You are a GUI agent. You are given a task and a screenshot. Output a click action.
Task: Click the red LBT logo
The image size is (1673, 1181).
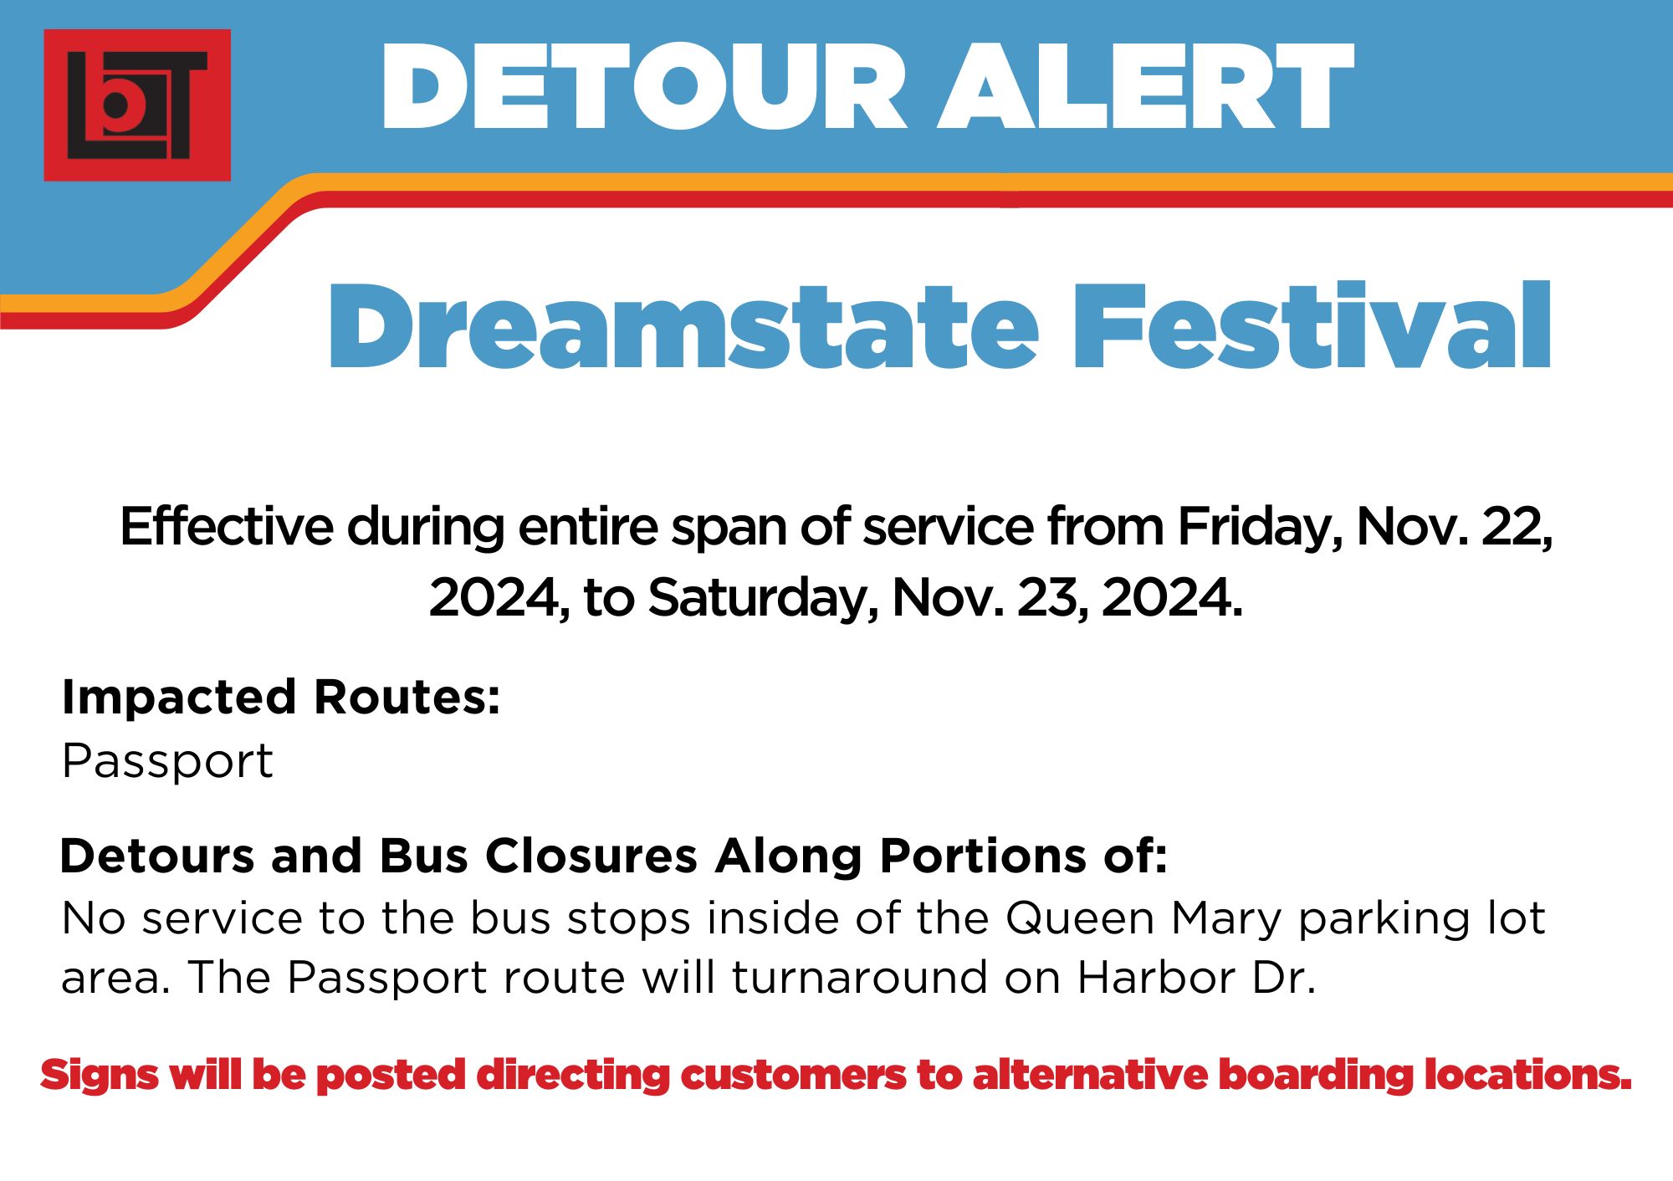[x=137, y=105]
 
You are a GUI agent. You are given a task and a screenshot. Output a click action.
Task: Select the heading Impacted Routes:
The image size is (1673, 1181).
[x=281, y=697]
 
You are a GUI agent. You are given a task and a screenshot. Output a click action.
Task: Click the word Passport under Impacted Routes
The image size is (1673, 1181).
[x=167, y=762]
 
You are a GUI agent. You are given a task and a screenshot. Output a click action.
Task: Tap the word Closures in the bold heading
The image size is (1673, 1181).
[x=591, y=856]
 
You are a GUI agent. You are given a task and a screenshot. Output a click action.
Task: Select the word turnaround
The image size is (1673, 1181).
[x=860, y=978]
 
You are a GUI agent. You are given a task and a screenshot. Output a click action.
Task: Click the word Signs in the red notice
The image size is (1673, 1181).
[x=99, y=1076]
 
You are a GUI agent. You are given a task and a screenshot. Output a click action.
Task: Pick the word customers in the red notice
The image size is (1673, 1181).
[x=793, y=1076]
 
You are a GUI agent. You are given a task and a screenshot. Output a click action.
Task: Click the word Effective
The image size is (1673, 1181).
[x=227, y=527]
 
